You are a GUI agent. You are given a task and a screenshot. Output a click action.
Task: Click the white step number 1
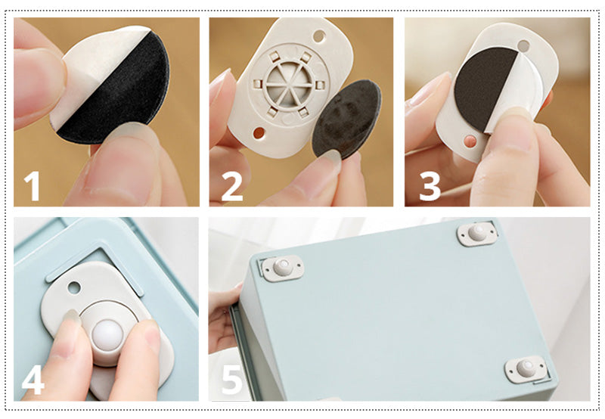click(33, 186)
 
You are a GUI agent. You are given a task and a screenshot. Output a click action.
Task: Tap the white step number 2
click(232, 186)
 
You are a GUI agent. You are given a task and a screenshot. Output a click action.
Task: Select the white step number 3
click(430, 186)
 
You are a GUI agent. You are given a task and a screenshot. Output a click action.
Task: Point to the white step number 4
click(33, 380)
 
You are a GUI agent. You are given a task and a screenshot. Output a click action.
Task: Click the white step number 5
click(232, 380)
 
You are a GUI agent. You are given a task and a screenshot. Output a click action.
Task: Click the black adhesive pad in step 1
click(119, 97)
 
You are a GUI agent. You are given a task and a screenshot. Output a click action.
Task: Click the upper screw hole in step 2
click(319, 36)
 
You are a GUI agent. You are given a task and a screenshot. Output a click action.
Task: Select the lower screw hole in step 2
click(259, 133)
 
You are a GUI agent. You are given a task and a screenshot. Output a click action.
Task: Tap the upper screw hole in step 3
click(523, 46)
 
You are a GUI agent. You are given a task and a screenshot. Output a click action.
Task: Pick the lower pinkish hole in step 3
click(470, 141)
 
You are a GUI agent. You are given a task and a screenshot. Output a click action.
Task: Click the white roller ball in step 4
click(107, 335)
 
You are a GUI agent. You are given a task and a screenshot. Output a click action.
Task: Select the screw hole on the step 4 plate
click(73, 287)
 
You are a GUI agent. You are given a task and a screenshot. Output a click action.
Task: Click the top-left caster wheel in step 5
click(283, 268)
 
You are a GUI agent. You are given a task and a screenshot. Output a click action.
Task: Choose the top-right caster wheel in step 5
click(477, 233)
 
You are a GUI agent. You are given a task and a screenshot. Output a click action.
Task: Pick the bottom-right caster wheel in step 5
click(526, 369)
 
